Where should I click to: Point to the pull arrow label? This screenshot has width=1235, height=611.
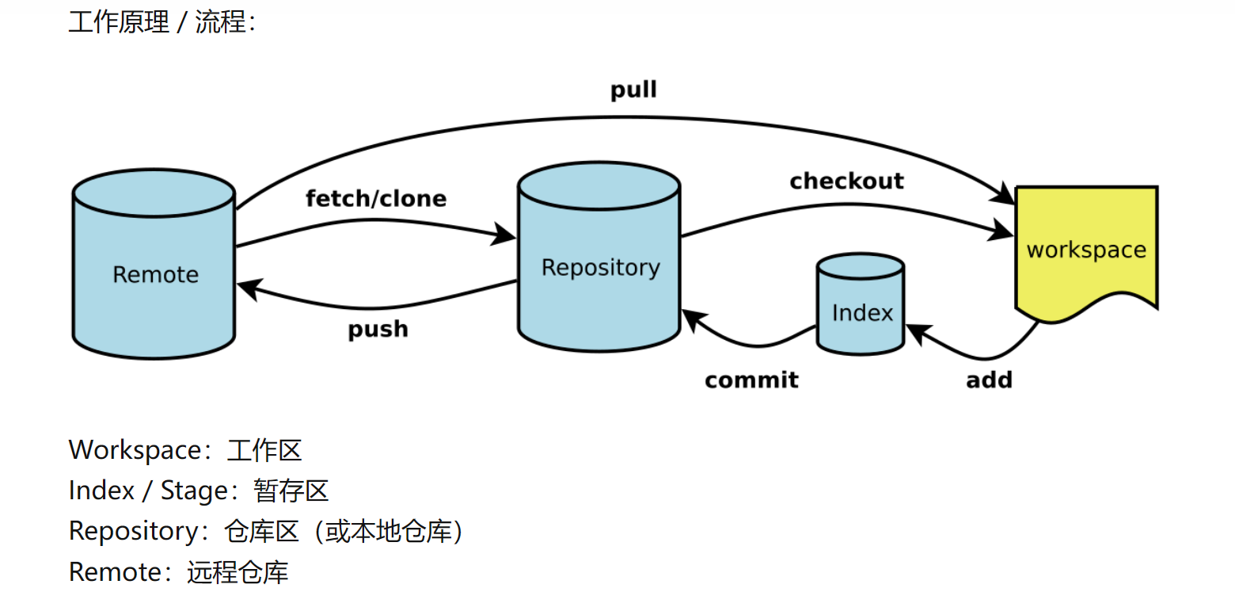pyautogui.click(x=633, y=90)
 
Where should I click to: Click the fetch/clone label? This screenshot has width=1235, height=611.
pyautogui.click(x=376, y=198)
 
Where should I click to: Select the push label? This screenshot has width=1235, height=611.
pyautogui.click(x=378, y=328)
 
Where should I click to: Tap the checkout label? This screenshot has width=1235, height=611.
pyautogui.click(x=846, y=181)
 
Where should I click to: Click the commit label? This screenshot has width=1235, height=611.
pyautogui.click(x=751, y=380)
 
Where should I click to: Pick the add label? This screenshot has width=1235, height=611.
pyautogui.click(x=989, y=380)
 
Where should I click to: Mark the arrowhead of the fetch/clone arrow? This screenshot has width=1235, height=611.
pyautogui.click(x=506, y=234)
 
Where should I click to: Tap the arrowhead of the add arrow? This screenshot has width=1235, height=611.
pyautogui.click(x=916, y=333)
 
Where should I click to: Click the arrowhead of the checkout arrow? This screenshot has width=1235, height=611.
pyautogui.click(x=1003, y=232)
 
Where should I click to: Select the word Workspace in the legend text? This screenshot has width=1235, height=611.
pyautogui.click(x=135, y=450)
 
